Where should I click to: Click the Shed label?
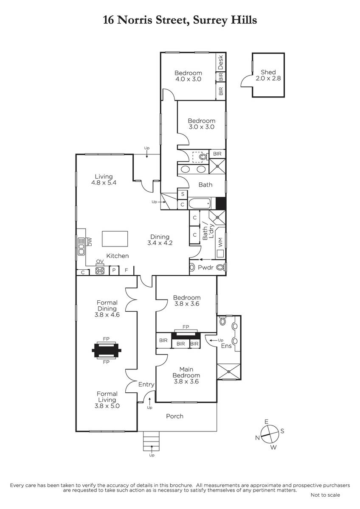pyautogui.click(x=268, y=72)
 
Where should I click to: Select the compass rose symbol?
pyautogui.click(x=270, y=434)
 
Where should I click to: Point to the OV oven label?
pyautogui.click(x=100, y=262)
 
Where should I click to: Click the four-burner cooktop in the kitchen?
pyautogui.click(x=100, y=271)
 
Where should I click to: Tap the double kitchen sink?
pyautogui.click(x=81, y=246)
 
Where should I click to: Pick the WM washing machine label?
pyautogui.click(x=220, y=243)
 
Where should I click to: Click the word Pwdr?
pyautogui.click(x=205, y=268)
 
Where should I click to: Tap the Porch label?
pyautogui.click(x=174, y=416)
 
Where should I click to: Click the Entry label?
pyautogui.click(x=146, y=384)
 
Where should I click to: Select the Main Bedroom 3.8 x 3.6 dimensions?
pyautogui.click(x=186, y=381)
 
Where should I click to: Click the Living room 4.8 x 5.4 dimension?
pyautogui.click(x=104, y=182)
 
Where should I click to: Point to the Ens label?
pyautogui.click(x=226, y=352)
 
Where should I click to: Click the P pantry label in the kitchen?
pyautogui.click(x=114, y=270)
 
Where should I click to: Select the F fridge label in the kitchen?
pyautogui.click(x=127, y=270)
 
